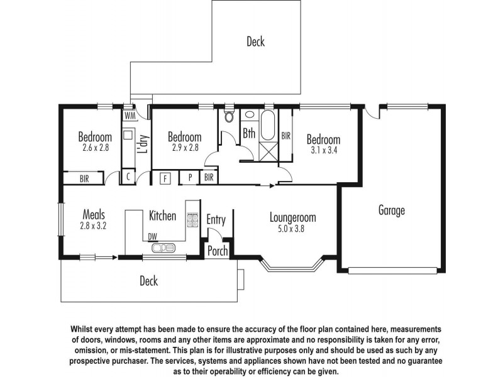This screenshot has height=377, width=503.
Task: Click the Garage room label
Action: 391,210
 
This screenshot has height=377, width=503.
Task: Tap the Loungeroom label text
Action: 292,218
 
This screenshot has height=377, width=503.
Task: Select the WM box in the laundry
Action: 130,116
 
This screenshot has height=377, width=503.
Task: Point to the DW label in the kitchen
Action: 152,236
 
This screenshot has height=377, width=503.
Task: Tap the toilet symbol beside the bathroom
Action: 228,117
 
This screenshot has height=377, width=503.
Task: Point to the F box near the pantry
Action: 166,178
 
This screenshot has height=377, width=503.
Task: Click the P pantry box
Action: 189,178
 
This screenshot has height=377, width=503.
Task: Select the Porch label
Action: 218,251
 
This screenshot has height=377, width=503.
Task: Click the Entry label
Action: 216,220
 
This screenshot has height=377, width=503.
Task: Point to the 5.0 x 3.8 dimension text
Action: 292,229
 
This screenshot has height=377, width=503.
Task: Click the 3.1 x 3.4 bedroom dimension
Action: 324,150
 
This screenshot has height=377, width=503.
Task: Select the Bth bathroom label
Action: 249,133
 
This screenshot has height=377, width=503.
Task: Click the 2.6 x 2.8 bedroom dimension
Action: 96,148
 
